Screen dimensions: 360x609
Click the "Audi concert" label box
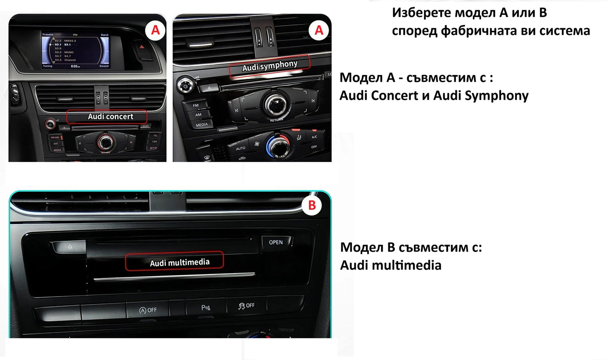point(107,117)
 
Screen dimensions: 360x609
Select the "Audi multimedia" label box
point(174,262)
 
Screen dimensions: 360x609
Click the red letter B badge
point(312,205)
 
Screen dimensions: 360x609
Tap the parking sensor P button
point(206,308)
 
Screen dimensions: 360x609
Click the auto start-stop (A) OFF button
point(148,310)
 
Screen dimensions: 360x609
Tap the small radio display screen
point(75,50)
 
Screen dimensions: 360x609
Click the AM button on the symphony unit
point(198,115)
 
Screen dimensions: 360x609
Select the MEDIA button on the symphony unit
point(201,125)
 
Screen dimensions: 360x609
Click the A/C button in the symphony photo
point(314,137)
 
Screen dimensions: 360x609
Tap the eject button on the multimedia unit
point(70,247)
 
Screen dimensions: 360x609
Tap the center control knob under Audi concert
point(105,142)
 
